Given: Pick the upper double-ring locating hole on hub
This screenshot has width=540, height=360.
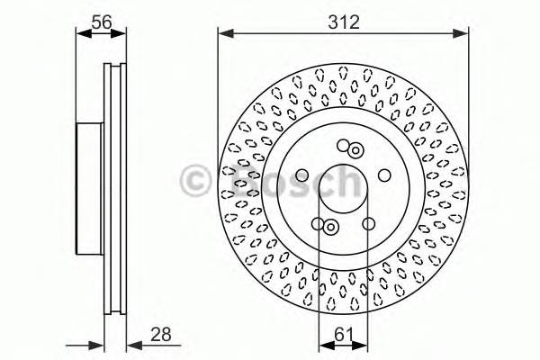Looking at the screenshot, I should click(355, 150).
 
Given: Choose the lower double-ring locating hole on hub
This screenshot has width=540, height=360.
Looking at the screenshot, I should click(330, 228).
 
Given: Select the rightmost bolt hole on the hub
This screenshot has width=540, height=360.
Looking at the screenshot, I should click(384, 175).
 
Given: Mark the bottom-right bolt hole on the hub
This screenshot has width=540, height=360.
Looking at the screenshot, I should click(368, 225).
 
